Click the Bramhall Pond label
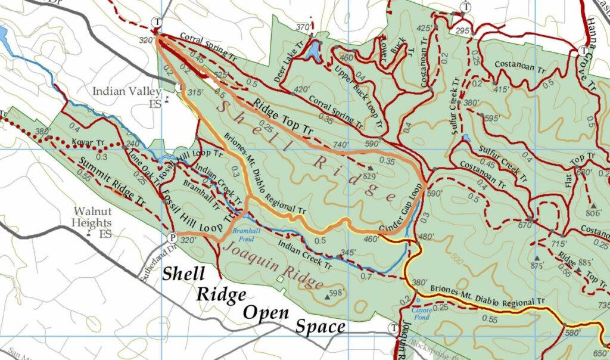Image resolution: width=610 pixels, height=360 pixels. pos(244,233)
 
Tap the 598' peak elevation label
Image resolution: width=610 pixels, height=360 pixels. pos(337,293)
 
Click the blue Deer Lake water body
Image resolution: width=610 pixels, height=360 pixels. pos(313,51)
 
